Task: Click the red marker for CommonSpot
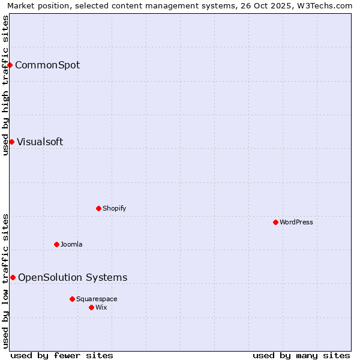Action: click(x=10, y=65)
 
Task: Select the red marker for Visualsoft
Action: click(x=11, y=142)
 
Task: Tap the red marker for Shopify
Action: click(x=98, y=208)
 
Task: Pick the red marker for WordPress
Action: click(x=275, y=222)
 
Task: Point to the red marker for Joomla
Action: click(x=56, y=244)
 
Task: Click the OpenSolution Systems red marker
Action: click(x=13, y=277)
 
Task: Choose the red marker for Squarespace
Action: click(x=72, y=299)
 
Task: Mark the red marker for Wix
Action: click(x=91, y=307)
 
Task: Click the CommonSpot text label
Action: click(x=47, y=65)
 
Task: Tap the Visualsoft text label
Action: click(x=40, y=142)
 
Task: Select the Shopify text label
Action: click(x=114, y=208)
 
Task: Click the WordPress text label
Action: click(x=296, y=222)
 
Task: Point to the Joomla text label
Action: click(x=71, y=244)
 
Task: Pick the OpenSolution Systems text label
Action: click(x=73, y=277)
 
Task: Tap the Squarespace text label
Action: click(x=97, y=299)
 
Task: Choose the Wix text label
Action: click(x=101, y=307)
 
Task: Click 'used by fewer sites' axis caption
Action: click(x=62, y=355)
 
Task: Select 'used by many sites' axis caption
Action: click(x=301, y=355)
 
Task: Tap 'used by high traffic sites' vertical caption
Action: click(x=5, y=85)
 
